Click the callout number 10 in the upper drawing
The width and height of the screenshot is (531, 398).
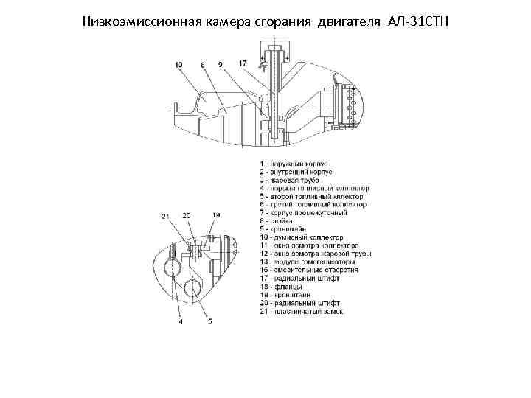pos(179,65)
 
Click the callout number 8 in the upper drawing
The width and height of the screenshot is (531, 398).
pos(203,65)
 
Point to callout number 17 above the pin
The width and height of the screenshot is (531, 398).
pos(243,63)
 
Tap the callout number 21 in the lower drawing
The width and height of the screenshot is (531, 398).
pos(165,215)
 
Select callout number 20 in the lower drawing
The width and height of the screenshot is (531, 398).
pos(187,215)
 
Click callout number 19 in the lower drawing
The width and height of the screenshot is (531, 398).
pos(216,215)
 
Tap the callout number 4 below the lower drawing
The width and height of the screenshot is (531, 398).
pos(181,321)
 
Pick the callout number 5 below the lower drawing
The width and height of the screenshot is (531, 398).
pos(209,321)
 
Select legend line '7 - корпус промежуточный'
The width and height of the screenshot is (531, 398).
pos(304,213)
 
